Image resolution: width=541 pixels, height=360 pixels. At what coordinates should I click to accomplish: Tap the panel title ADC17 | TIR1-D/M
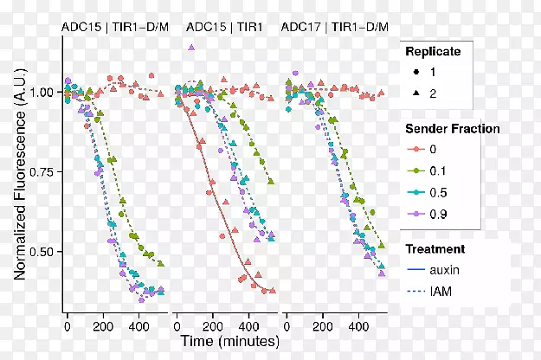point(334,26)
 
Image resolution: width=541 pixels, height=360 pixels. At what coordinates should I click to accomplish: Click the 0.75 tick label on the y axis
point(43,172)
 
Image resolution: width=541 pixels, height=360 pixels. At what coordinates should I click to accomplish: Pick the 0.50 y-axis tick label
point(43,252)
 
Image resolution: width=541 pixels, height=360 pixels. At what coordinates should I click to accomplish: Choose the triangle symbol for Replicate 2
point(415,93)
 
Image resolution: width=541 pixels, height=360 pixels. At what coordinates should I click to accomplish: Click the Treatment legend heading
point(436,249)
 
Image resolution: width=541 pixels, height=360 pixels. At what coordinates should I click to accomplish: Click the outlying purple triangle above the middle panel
point(190,48)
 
